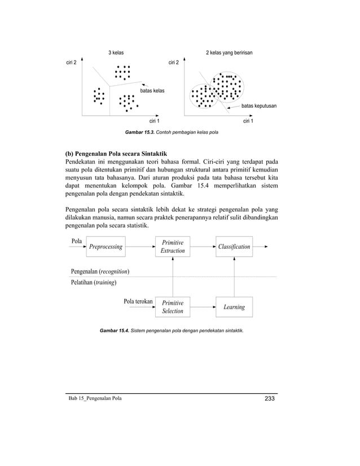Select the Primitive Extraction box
(173, 247)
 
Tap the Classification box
(234, 247)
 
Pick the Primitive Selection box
(173, 307)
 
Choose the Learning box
(234, 307)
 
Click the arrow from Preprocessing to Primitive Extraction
(140, 247)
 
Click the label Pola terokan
(138, 301)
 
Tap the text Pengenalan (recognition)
(100, 271)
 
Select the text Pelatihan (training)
(94, 283)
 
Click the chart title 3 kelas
(116, 52)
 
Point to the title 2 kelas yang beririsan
(229, 52)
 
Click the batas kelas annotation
(152, 90)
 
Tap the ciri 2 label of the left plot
(72, 62)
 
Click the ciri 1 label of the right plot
(248, 121)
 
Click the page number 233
(269, 399)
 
